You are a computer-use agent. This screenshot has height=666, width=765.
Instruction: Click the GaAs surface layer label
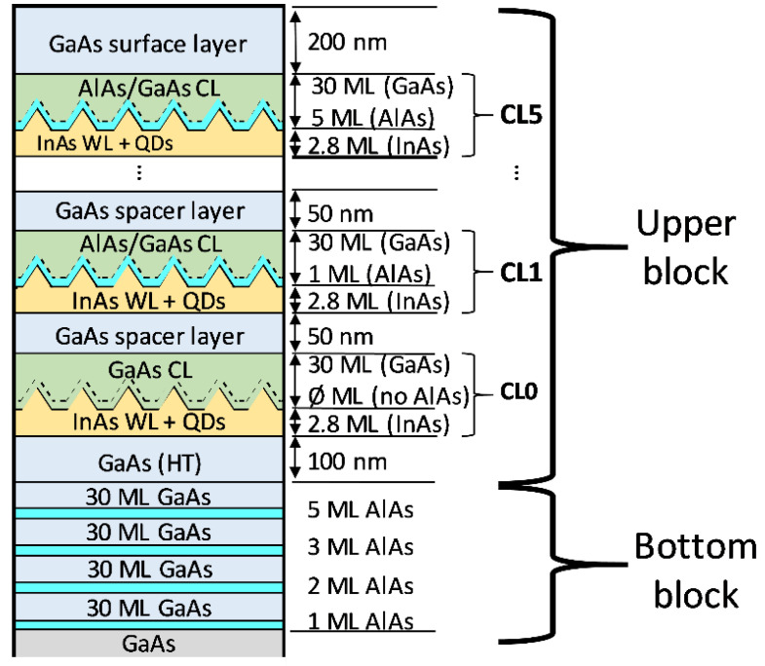148,45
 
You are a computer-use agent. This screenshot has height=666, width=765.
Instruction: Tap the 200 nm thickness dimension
347,43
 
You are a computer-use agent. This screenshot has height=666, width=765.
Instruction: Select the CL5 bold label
521,115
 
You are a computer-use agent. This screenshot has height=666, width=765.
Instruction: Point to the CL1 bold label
521,273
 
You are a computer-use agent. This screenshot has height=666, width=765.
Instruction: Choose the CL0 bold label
519,391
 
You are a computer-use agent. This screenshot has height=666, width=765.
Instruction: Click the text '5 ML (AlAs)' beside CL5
372,118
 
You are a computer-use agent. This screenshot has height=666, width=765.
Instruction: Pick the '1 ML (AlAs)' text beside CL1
369,274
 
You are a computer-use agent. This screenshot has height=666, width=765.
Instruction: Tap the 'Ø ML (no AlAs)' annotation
389,396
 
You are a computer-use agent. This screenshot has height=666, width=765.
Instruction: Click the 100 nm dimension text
347,462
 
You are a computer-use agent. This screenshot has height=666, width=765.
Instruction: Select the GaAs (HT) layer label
149,463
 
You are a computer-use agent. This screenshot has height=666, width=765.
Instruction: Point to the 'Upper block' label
686,247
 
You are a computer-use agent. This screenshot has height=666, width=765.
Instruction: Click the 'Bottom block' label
696,570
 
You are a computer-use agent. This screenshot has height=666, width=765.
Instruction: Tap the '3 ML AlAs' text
361,547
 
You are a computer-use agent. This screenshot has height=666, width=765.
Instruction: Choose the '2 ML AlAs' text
361,585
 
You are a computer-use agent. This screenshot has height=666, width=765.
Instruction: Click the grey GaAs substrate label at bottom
148,644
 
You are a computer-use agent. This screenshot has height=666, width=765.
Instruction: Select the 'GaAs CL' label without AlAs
150,370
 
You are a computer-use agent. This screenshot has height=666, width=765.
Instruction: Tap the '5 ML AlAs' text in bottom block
361,509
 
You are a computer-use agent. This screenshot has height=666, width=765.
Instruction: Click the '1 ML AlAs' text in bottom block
361,621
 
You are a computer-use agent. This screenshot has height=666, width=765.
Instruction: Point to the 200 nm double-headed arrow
295,43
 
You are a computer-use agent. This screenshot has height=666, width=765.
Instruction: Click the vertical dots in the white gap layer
139,172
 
